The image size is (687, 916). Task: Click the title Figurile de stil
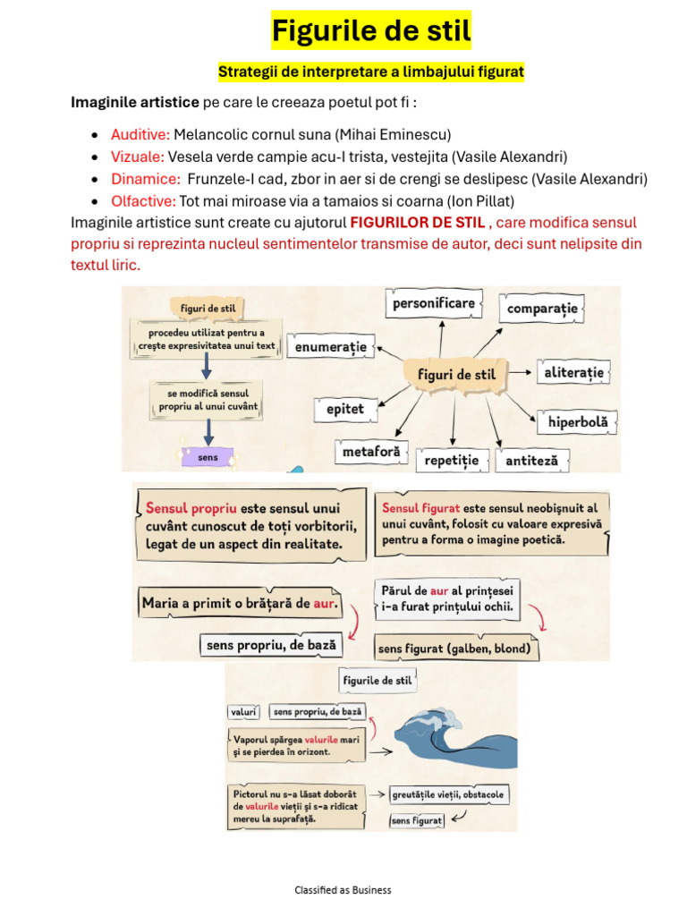coord(371,33)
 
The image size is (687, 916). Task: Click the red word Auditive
coord(140,134)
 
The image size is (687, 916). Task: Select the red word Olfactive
coord(143,200)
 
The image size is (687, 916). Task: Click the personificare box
coord(434,304)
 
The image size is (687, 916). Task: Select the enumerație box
coord(330,345)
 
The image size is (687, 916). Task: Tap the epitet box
coord(340,409)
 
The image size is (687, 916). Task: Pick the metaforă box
coord(371,453)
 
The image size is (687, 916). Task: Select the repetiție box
coord(453,461)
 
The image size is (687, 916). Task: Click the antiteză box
coord(532,461)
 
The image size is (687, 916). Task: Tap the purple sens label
coord(208,457)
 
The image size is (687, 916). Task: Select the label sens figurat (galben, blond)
coord(455,649)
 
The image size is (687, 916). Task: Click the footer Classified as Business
coord(343,890)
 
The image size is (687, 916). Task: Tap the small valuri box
coord(243,712)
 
